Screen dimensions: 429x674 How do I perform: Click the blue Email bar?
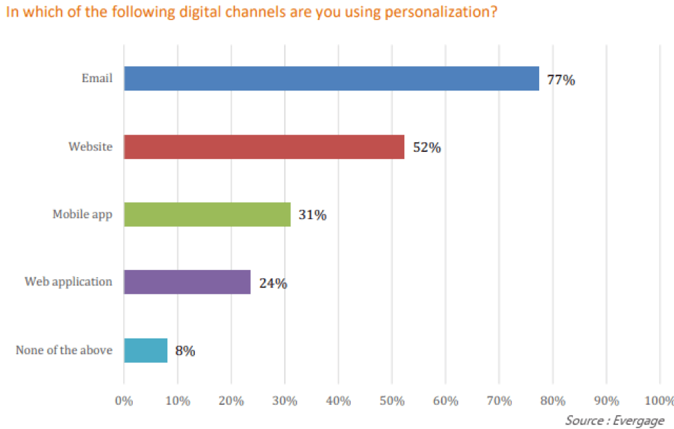click(331, 79)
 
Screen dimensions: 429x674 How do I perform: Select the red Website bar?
click(264, 146)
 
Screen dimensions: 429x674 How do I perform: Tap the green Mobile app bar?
click(207, 214)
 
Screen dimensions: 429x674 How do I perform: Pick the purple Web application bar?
click(187, 282)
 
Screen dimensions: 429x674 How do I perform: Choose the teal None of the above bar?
click(146, 350)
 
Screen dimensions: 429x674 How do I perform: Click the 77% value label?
click(561, 79)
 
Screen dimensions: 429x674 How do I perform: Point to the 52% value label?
click(427, 147)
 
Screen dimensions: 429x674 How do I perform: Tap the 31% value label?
click(312, 215)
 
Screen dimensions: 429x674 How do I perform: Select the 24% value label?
click(273, 283)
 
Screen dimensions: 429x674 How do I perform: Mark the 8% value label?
click(185, 351)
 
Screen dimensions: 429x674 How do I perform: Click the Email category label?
click(97, 78)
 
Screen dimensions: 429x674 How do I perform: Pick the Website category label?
click(90, 146)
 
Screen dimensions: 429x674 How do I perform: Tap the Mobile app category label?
click(82, 214)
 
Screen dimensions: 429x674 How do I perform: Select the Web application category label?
click(68, 282)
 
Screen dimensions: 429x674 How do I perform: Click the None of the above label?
click(64, 350)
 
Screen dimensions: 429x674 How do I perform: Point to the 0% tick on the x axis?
click(124, 401)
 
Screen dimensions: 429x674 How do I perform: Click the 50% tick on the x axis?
click(392, 401)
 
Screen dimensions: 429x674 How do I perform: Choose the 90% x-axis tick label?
click(606, 401)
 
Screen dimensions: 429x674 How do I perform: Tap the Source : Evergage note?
click(615, 420)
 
